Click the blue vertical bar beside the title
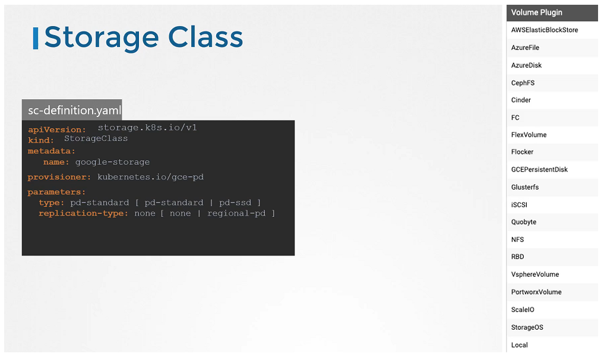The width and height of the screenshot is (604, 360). tap(36, 38)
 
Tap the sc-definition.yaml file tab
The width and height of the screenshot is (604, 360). tap(72, 110)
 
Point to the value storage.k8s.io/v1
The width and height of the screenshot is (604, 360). tap(147, 128)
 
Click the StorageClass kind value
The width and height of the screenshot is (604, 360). tap(96, 138)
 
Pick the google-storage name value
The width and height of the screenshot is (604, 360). tap(112, 162)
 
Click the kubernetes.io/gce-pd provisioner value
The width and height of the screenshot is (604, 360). tap(151, 177)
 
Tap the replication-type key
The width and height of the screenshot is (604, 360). tap(83, 213)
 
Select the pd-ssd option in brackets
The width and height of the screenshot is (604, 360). tap(235, 203)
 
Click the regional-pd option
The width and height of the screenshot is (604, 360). tap(236, 213)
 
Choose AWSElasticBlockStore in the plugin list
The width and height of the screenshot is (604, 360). tap(544, 30)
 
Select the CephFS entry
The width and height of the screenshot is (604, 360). tap(523, 83)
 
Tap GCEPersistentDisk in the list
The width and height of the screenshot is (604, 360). tap(539, 169)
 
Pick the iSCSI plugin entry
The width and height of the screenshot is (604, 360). tap(519, 205)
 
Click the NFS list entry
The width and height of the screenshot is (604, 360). tap(517, 240)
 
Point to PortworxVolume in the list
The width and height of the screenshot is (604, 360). tap(536, 292)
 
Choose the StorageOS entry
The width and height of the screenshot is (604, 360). tap(527, 327)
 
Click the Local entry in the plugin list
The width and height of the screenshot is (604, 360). tap(519, 345)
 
